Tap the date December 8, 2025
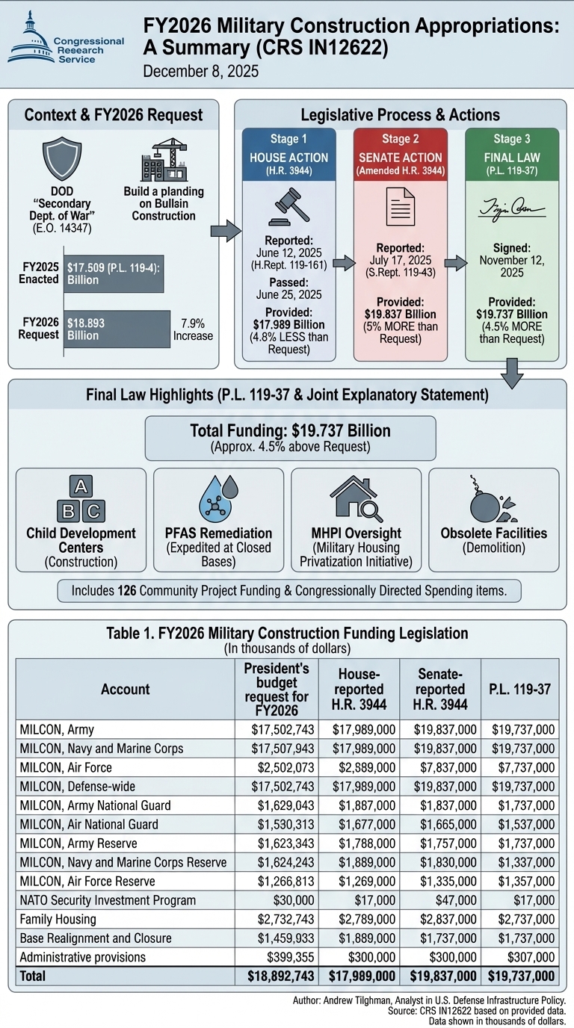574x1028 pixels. pos(200,72)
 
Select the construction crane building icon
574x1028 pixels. pos(163,158)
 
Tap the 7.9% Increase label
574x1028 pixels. pos(192,329)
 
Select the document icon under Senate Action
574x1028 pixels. pos(400,206)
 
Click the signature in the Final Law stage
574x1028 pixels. pos(512,207)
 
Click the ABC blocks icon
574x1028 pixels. pos(81,501)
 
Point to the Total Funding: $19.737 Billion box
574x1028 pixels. pos(290,438)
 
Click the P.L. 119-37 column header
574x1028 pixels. pos(519,689)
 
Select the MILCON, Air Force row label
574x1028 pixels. pos(66,767)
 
